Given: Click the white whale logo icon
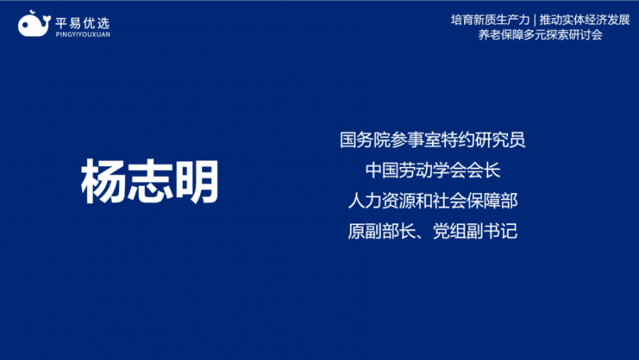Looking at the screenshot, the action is click(34, 25).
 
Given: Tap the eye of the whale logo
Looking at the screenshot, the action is click(26, 25).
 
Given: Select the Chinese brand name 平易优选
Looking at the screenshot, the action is click(83, 23).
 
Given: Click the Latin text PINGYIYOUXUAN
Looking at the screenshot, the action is click(83, 34).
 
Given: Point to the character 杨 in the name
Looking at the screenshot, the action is click(104, 181).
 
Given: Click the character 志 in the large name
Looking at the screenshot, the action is click(150, 181).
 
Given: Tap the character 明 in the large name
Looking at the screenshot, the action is click(196, 181).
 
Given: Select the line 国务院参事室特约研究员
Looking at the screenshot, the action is click(432, 140).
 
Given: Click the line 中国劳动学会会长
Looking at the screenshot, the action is click(432, 170).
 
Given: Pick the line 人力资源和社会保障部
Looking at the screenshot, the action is click(432, 201).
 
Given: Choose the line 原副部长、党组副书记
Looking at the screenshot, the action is click(432, 231).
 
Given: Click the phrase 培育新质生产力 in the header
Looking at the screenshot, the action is click(490, 19).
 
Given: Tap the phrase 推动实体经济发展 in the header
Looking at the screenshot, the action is click(585, 19).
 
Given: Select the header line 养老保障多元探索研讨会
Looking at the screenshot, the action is click(541, 34).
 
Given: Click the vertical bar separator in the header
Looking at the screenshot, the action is click(534, 19).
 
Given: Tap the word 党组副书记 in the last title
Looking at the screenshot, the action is click(475, 231).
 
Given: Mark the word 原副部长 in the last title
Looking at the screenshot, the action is click(382, 231).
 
